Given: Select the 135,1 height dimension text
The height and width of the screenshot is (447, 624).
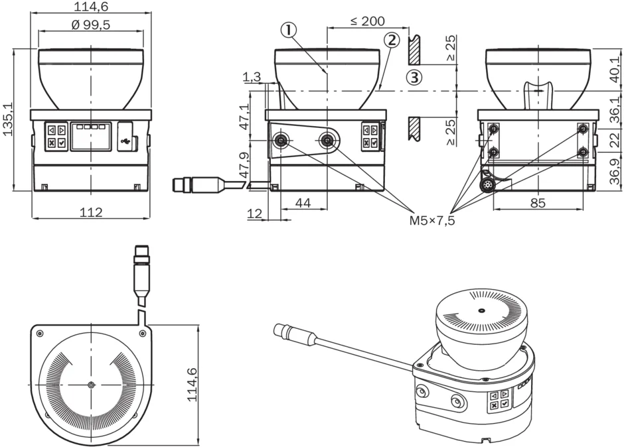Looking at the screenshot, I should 8,119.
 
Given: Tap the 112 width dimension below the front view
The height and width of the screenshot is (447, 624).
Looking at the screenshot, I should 90,212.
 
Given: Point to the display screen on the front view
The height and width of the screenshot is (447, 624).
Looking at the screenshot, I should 91,136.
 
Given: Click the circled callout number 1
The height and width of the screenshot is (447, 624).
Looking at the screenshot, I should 287,29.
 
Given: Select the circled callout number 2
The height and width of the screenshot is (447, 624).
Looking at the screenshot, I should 392,40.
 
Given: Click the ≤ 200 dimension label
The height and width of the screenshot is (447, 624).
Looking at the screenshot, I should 367,21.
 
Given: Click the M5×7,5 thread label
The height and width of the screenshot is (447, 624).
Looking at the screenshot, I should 432,220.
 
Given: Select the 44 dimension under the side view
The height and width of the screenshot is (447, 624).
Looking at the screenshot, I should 303,203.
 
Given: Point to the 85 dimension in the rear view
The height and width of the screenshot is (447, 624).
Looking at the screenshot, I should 538,203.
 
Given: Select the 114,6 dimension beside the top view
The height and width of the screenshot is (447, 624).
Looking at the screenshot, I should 193,385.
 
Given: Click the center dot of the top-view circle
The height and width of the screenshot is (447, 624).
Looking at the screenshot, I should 90,385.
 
